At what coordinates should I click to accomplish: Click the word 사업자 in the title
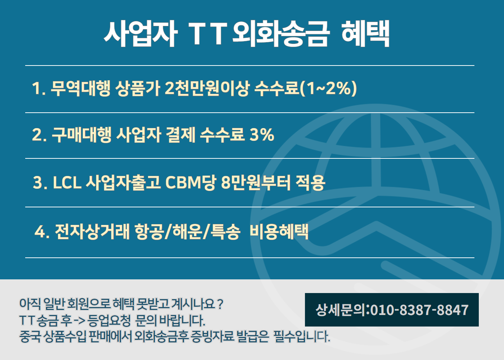coord(140,34)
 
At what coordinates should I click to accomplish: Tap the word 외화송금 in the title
coord(281,34)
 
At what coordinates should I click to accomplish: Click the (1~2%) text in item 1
coord(328,88)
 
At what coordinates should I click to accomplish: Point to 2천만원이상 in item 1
coord(207,88)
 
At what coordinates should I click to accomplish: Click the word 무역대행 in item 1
coord(81,88)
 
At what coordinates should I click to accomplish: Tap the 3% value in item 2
coord(262,135)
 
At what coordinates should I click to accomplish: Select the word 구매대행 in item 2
coord(81,135)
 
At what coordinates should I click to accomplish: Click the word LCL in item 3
coord(67,182)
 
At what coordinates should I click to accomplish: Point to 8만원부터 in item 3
coord(256,182)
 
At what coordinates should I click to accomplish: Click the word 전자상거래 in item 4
coord(92,231)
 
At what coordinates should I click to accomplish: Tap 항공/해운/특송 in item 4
coord(187,231)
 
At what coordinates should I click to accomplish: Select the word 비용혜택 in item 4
coord(279,231)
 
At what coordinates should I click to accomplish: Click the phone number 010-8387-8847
coord(419,310)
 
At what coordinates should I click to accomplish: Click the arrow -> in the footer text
coord(79,320)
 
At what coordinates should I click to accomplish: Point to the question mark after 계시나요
coord(220,304)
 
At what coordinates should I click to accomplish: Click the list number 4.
coord(40,231)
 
